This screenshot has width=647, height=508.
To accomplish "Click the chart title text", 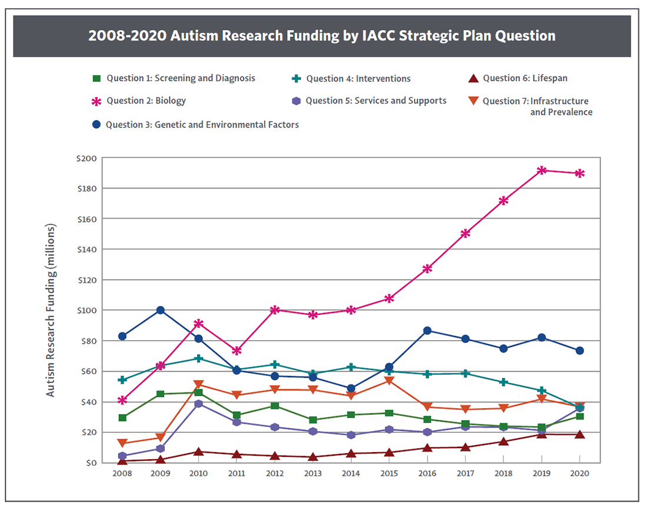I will (x=322, y=36).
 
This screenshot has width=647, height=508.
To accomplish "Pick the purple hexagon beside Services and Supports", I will (x=296, y=101).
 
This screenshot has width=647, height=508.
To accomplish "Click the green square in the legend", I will (x=98, y=78).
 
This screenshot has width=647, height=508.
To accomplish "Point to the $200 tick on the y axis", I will (x=88, y=158).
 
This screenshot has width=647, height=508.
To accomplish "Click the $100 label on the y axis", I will (x=88, y=310).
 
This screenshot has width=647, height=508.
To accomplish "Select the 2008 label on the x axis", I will (x=122, y=473).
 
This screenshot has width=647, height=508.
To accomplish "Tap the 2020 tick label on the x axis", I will (x=580, y=473).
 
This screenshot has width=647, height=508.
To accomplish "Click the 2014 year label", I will (x=351, y=473).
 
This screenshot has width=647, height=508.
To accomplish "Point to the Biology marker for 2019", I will (x=542, y=170).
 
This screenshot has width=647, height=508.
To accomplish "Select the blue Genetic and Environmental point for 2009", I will (x=160, y=310).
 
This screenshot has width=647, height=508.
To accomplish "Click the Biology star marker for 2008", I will (x=122, y=400).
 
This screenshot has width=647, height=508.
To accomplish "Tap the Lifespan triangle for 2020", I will (x=580, y=435).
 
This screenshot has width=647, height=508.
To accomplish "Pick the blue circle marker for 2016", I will (x=427, y=331).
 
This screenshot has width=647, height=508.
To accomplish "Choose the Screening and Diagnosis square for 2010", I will (x=198, y=392).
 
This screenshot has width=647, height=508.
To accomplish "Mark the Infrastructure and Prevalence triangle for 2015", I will (x=389, y=381).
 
